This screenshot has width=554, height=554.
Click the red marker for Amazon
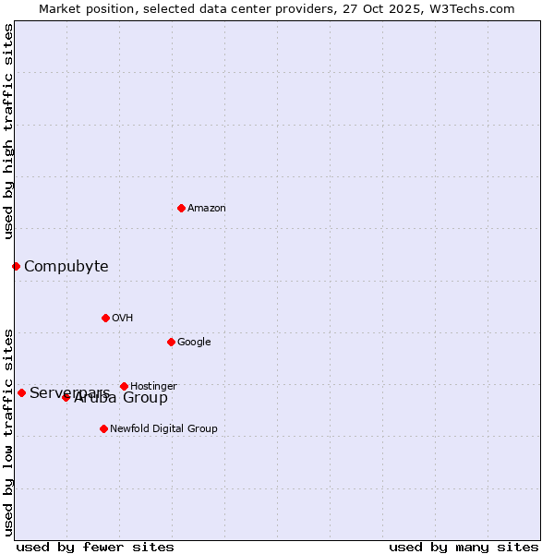click(x=181, y=208)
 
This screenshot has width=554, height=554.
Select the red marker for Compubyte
click(x=16, y=266)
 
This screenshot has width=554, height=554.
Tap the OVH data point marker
click(x=105, y=318)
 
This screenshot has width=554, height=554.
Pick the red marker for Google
click(x=171, y=342)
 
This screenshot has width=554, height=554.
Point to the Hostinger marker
click(x=124, y=386)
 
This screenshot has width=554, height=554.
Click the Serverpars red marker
click(x=21, y=392)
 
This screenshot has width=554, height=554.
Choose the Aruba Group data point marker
click(x=66, y=397)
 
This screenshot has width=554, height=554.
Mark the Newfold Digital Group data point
click(x=103, y=428)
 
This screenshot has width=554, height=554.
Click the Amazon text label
click(x=207, y=209)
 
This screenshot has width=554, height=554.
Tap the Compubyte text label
click(x=66, y=267)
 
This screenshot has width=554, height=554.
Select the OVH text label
click(x=123, y=319)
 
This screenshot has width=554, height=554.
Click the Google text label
click(x=194, y=343)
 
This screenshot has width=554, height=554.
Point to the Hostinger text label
click(x=153, y=387)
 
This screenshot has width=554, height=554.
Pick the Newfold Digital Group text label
click(x=163, y=429)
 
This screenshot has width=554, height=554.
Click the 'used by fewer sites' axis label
click(x=95, y=547)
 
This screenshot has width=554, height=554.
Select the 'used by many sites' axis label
click(x=464, y=547)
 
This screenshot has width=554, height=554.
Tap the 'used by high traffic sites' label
click(x=8, y=131)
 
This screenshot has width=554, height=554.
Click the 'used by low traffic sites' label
click(x=8, y=431)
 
